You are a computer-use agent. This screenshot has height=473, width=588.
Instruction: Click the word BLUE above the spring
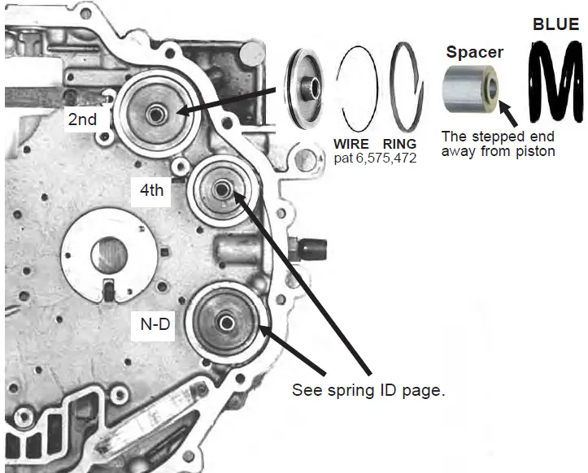tap(555, 24)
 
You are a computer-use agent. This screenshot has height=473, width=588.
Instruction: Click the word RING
tap(401, 145)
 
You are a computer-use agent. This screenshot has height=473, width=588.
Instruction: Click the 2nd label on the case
tap(82, 119)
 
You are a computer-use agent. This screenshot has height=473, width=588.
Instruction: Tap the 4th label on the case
tap(150, 193)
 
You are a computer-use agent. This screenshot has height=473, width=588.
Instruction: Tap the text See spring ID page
tap(368, 390)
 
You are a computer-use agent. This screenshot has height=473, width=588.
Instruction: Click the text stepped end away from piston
tap(497, 144)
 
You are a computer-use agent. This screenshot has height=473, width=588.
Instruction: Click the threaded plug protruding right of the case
tap(312, 245)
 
